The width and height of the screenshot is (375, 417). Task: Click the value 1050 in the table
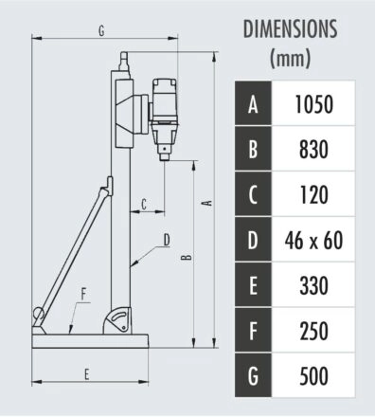(x=313, y=104)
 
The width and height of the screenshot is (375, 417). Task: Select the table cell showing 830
(x=313, y=149)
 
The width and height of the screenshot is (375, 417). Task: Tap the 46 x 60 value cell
(x=313, y=240)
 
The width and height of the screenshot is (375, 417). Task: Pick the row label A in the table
(x=253, y=103)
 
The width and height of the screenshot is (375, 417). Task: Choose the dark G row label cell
(x=253, y=375)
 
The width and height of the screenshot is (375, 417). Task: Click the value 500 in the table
(x=313, y=375)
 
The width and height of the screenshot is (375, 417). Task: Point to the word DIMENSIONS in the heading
(x=290, y=28)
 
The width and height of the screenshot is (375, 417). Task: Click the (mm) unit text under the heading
(x=290, y=58)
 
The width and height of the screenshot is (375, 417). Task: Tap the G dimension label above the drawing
(x=101, y=30)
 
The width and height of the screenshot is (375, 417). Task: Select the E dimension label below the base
(x=87, y=374)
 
